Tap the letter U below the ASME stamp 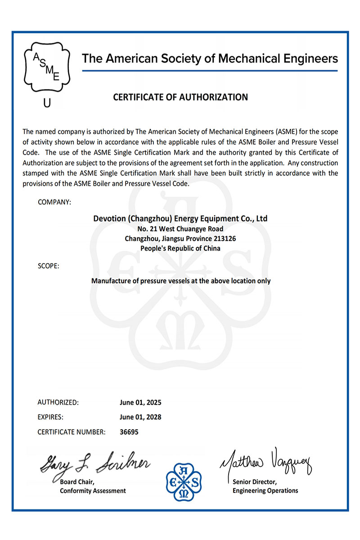(47, 103)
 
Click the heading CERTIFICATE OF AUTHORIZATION (180, 97)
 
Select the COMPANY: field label (54, 202)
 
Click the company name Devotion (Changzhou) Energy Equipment (180, 219)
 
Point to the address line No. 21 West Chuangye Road (180, 229)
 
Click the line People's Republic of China (180, 248)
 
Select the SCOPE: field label (49, 266)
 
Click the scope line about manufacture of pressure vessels (181, 281)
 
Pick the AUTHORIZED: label (58, 402)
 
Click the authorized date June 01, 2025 (140, 402)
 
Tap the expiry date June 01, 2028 (140, 417)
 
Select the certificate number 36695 (129, 432)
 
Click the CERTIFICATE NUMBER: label (72, 432)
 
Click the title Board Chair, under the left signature (77, 482)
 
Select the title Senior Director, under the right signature (254, 482)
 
